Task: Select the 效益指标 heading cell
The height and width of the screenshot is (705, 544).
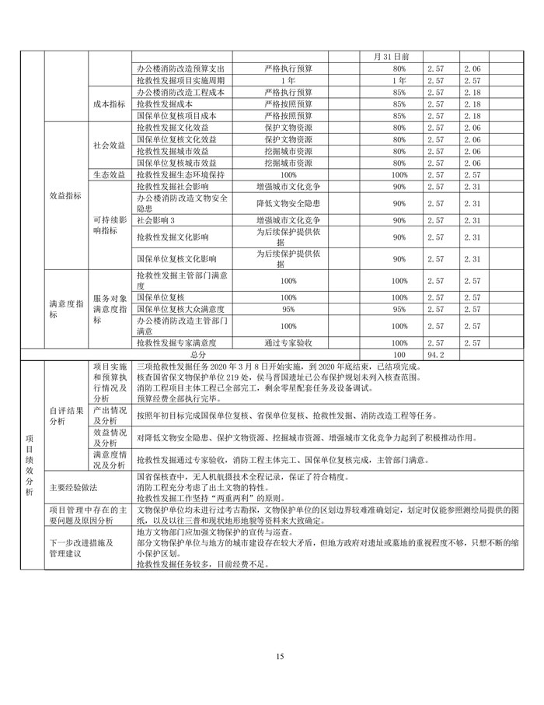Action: click(x=65, y=197)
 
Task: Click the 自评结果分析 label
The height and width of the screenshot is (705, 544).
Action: click(x=65, y=415)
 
